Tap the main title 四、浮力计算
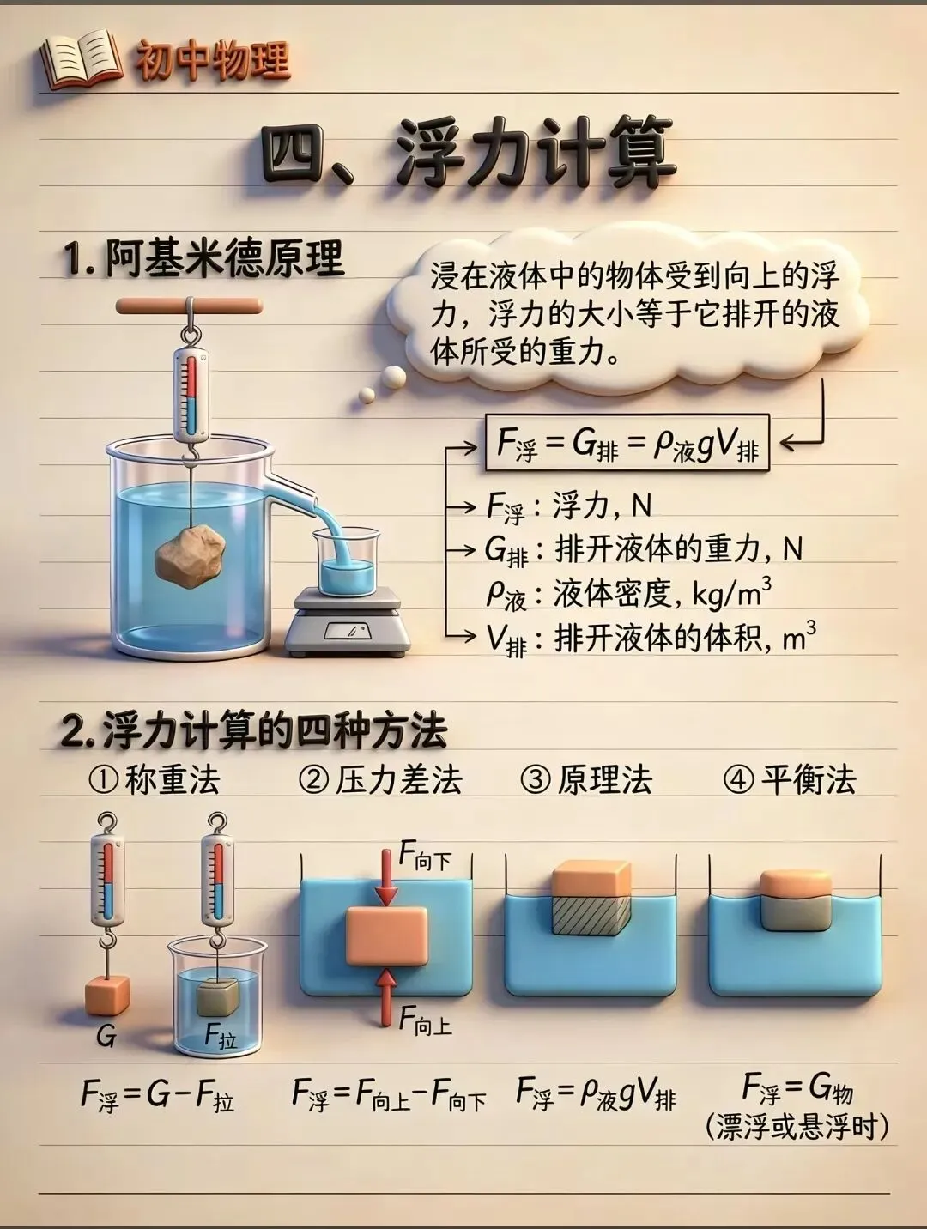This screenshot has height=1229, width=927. coord(467,156)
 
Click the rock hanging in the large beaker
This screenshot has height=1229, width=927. coord(191,557)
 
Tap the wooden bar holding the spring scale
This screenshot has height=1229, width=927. coord(189,305)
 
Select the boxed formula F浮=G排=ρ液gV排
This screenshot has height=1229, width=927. coord(627,444)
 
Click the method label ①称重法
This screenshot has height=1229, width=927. coord(154,780)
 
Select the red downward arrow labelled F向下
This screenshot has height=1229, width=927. coord(387,877)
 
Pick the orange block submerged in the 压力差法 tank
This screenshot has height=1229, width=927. coord(386,936)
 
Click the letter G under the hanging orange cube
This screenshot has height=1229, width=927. coord(106,1037)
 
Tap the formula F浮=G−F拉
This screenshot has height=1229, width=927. coord(157,1095)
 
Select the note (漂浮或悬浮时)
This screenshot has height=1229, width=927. coord(797,1126)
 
